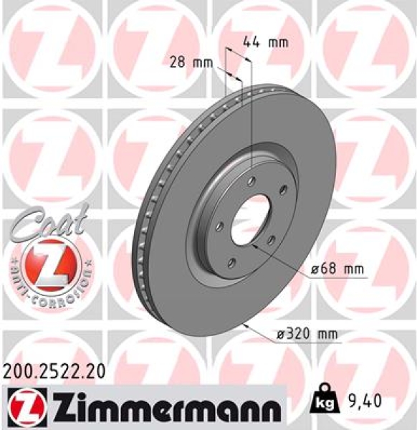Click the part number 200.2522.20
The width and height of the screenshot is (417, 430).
pos(54,371)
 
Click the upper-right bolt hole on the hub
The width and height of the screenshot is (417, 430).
pos(282,189)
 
